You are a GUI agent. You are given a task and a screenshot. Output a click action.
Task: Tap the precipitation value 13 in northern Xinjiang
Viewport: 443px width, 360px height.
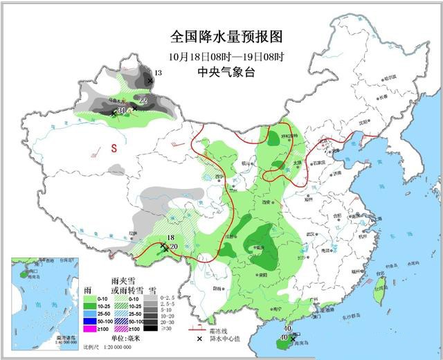pos(158,73)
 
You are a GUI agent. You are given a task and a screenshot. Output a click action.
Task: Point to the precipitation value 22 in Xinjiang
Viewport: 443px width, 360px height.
pos(143,102)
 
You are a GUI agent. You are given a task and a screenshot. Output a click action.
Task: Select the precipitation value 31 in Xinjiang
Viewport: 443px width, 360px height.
pos(122,110)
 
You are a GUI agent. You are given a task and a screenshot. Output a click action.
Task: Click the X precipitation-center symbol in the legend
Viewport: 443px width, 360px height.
pos(197,338)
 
